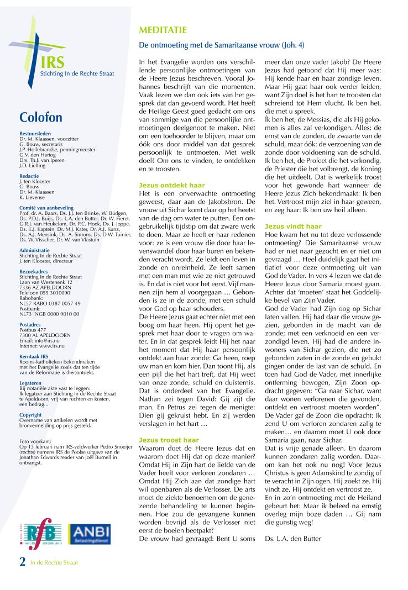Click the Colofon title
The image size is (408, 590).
pos(40,117)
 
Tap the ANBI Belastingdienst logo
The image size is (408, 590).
pos(90,534)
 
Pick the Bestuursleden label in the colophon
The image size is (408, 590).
pos(34,134)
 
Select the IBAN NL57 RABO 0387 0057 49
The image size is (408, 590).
pos(50,303)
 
